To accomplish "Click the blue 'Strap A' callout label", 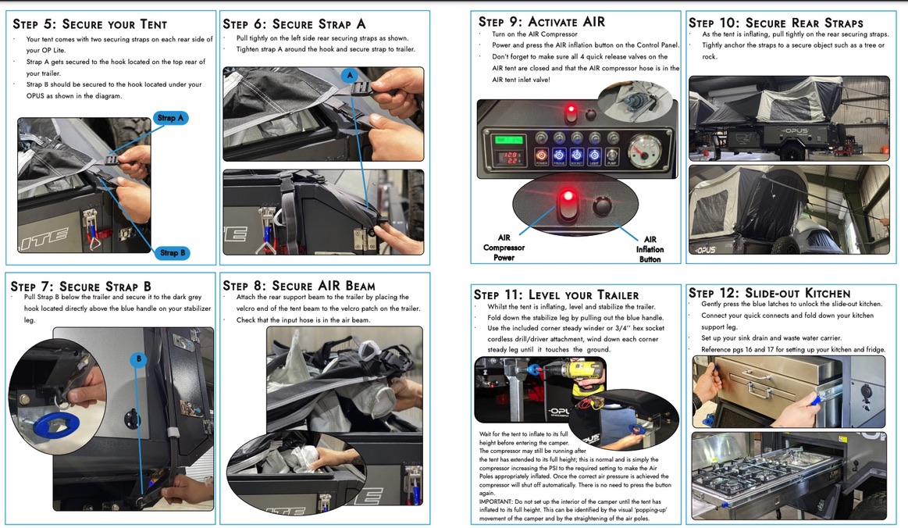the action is tap(170, 118).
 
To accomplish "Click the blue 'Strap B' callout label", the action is tap(173, 253).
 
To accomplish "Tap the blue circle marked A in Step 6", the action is tap(349, 75).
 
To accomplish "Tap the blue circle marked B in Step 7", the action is tap(138, 359).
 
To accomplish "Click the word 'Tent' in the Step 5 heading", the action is tap(154, 24).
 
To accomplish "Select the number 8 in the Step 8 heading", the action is tap(259, 286).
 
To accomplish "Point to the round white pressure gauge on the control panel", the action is tap(644, 152).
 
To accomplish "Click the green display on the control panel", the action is tap(507, 140).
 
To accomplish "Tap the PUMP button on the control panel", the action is tap(612, 155).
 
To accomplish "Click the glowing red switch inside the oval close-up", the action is tap(568, 203).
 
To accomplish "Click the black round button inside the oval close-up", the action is tap(602, 206).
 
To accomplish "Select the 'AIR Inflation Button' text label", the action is tap(650, 249).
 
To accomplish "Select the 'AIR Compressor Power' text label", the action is tap(504, 248).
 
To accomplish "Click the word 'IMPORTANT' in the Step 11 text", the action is tap(495, 502).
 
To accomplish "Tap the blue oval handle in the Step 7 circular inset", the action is tap(55, 425).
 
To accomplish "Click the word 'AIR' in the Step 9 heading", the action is tap(594, 22).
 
